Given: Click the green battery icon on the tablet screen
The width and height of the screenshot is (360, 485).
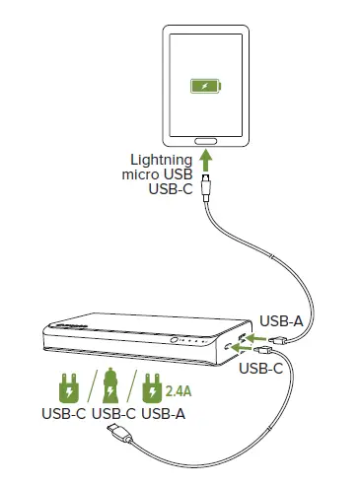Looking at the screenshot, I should point(206,87).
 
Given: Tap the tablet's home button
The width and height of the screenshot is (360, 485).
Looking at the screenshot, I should point(207,138).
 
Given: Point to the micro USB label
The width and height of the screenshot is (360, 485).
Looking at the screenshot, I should point(160,174).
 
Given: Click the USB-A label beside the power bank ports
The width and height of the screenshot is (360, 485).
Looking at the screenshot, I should point(282,320).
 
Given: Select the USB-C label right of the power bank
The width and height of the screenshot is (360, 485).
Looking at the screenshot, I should point(263,370).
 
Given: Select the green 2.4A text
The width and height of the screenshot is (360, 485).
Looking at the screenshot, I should point(179,389).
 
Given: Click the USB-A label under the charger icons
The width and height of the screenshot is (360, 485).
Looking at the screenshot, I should point(163,414).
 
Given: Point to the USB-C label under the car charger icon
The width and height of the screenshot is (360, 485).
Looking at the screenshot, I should point(113,414).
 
